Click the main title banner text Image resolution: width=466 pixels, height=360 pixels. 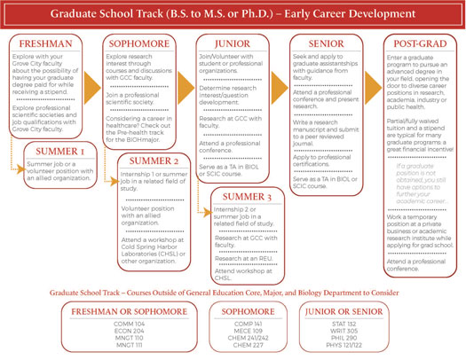coord(233,14)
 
